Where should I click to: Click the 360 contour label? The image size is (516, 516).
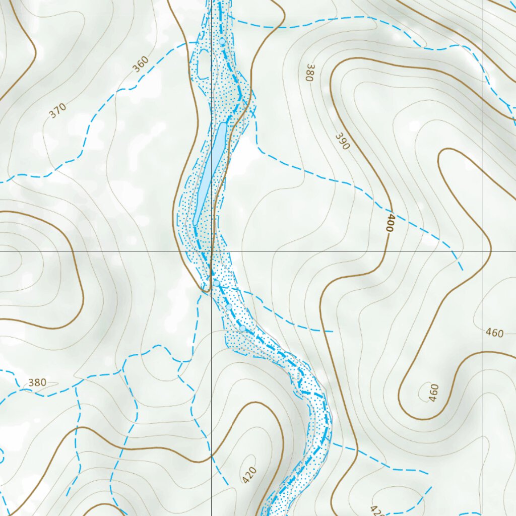point(142,64)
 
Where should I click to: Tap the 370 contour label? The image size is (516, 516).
point(58,111)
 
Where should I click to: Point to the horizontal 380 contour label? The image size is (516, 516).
point(37,382)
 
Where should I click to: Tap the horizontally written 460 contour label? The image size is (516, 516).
point(494,333)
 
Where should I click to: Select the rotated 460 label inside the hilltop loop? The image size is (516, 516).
point(433,393)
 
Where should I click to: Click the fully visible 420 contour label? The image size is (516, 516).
point(249,475)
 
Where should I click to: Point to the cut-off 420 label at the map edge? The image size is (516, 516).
point(377,510)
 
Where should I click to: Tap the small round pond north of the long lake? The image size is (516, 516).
point(222,41)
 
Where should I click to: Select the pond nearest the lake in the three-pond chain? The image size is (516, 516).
point(216,283)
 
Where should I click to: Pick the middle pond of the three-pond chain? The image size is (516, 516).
point(229,307)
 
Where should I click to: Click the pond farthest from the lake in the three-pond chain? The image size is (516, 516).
point(242,329)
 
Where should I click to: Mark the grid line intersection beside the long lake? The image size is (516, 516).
point(211,250)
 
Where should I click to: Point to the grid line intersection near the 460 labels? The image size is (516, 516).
point(483,250)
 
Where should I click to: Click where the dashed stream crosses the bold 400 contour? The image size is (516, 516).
point(389,210)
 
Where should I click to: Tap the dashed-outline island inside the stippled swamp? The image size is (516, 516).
point(204,66)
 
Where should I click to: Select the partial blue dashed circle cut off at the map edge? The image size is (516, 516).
point(1,456)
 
